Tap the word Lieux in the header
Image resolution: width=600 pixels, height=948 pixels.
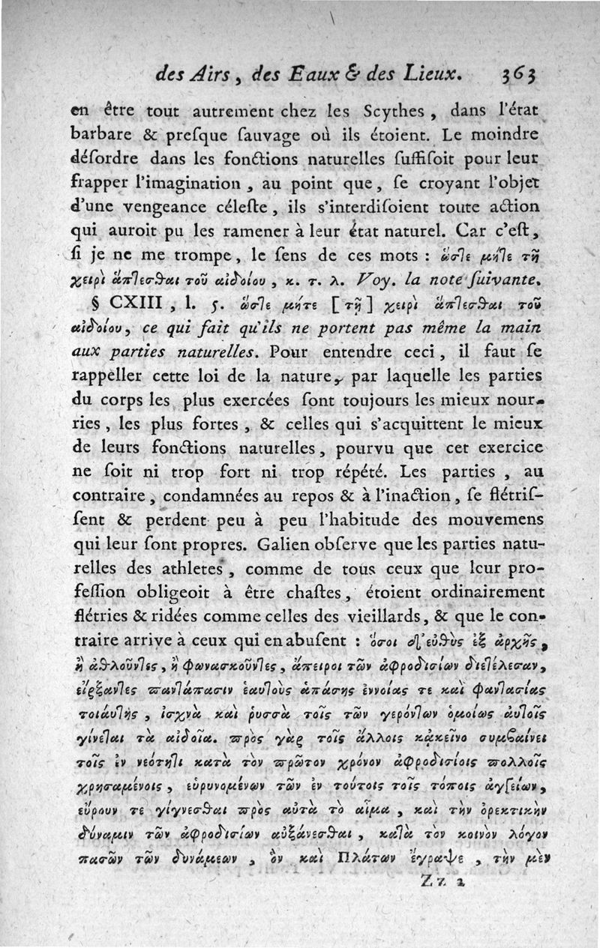point(424,74)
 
